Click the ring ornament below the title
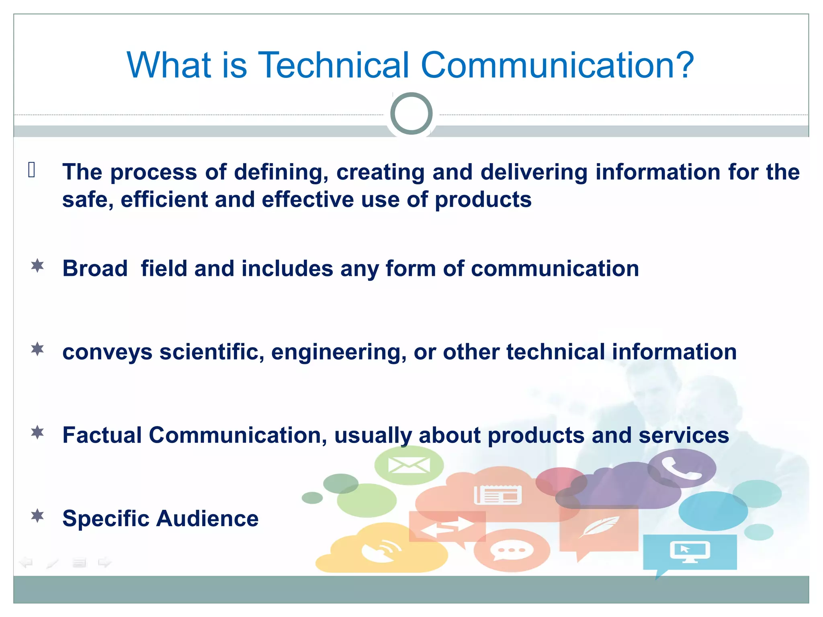(411, 114)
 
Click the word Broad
(95, 268)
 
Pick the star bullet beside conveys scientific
(37, 349)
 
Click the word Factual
(102, 435)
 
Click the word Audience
(207, 519)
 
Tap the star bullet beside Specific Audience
(37, 516)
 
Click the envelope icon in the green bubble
(409, 465)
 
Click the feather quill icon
(598, 527)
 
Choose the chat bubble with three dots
(511, 550)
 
